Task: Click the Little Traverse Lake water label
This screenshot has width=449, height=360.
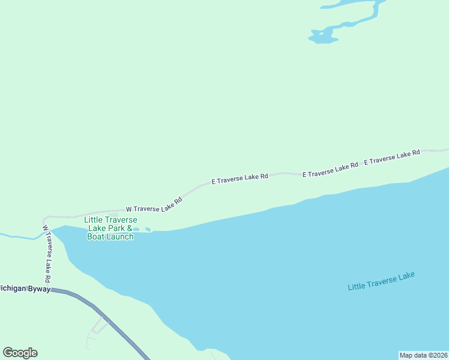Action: point(381,281)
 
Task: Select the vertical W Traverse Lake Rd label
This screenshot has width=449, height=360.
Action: point(47,254)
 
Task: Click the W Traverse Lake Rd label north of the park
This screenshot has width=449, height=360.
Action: point(154,204)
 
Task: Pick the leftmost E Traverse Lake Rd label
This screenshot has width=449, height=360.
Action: point(240,179)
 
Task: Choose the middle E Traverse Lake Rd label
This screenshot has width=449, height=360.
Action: point(330,169)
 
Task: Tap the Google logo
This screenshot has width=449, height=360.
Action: point(20,353)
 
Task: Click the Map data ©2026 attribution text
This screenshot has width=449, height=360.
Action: point(423,355)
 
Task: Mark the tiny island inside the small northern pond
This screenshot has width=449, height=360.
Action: point(321,34)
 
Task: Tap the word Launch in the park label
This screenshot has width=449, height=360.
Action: point(119,237)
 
